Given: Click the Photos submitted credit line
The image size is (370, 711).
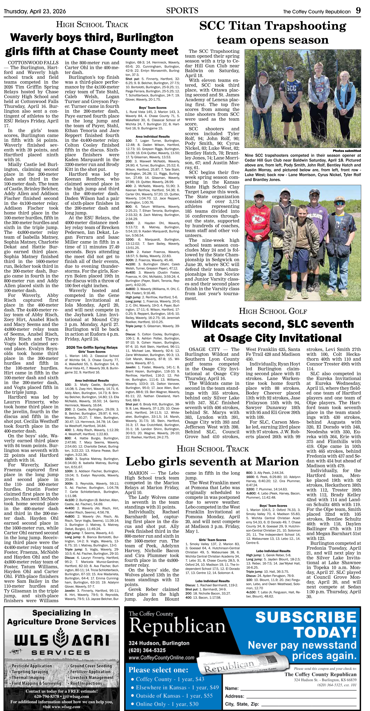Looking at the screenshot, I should coord(347,151).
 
